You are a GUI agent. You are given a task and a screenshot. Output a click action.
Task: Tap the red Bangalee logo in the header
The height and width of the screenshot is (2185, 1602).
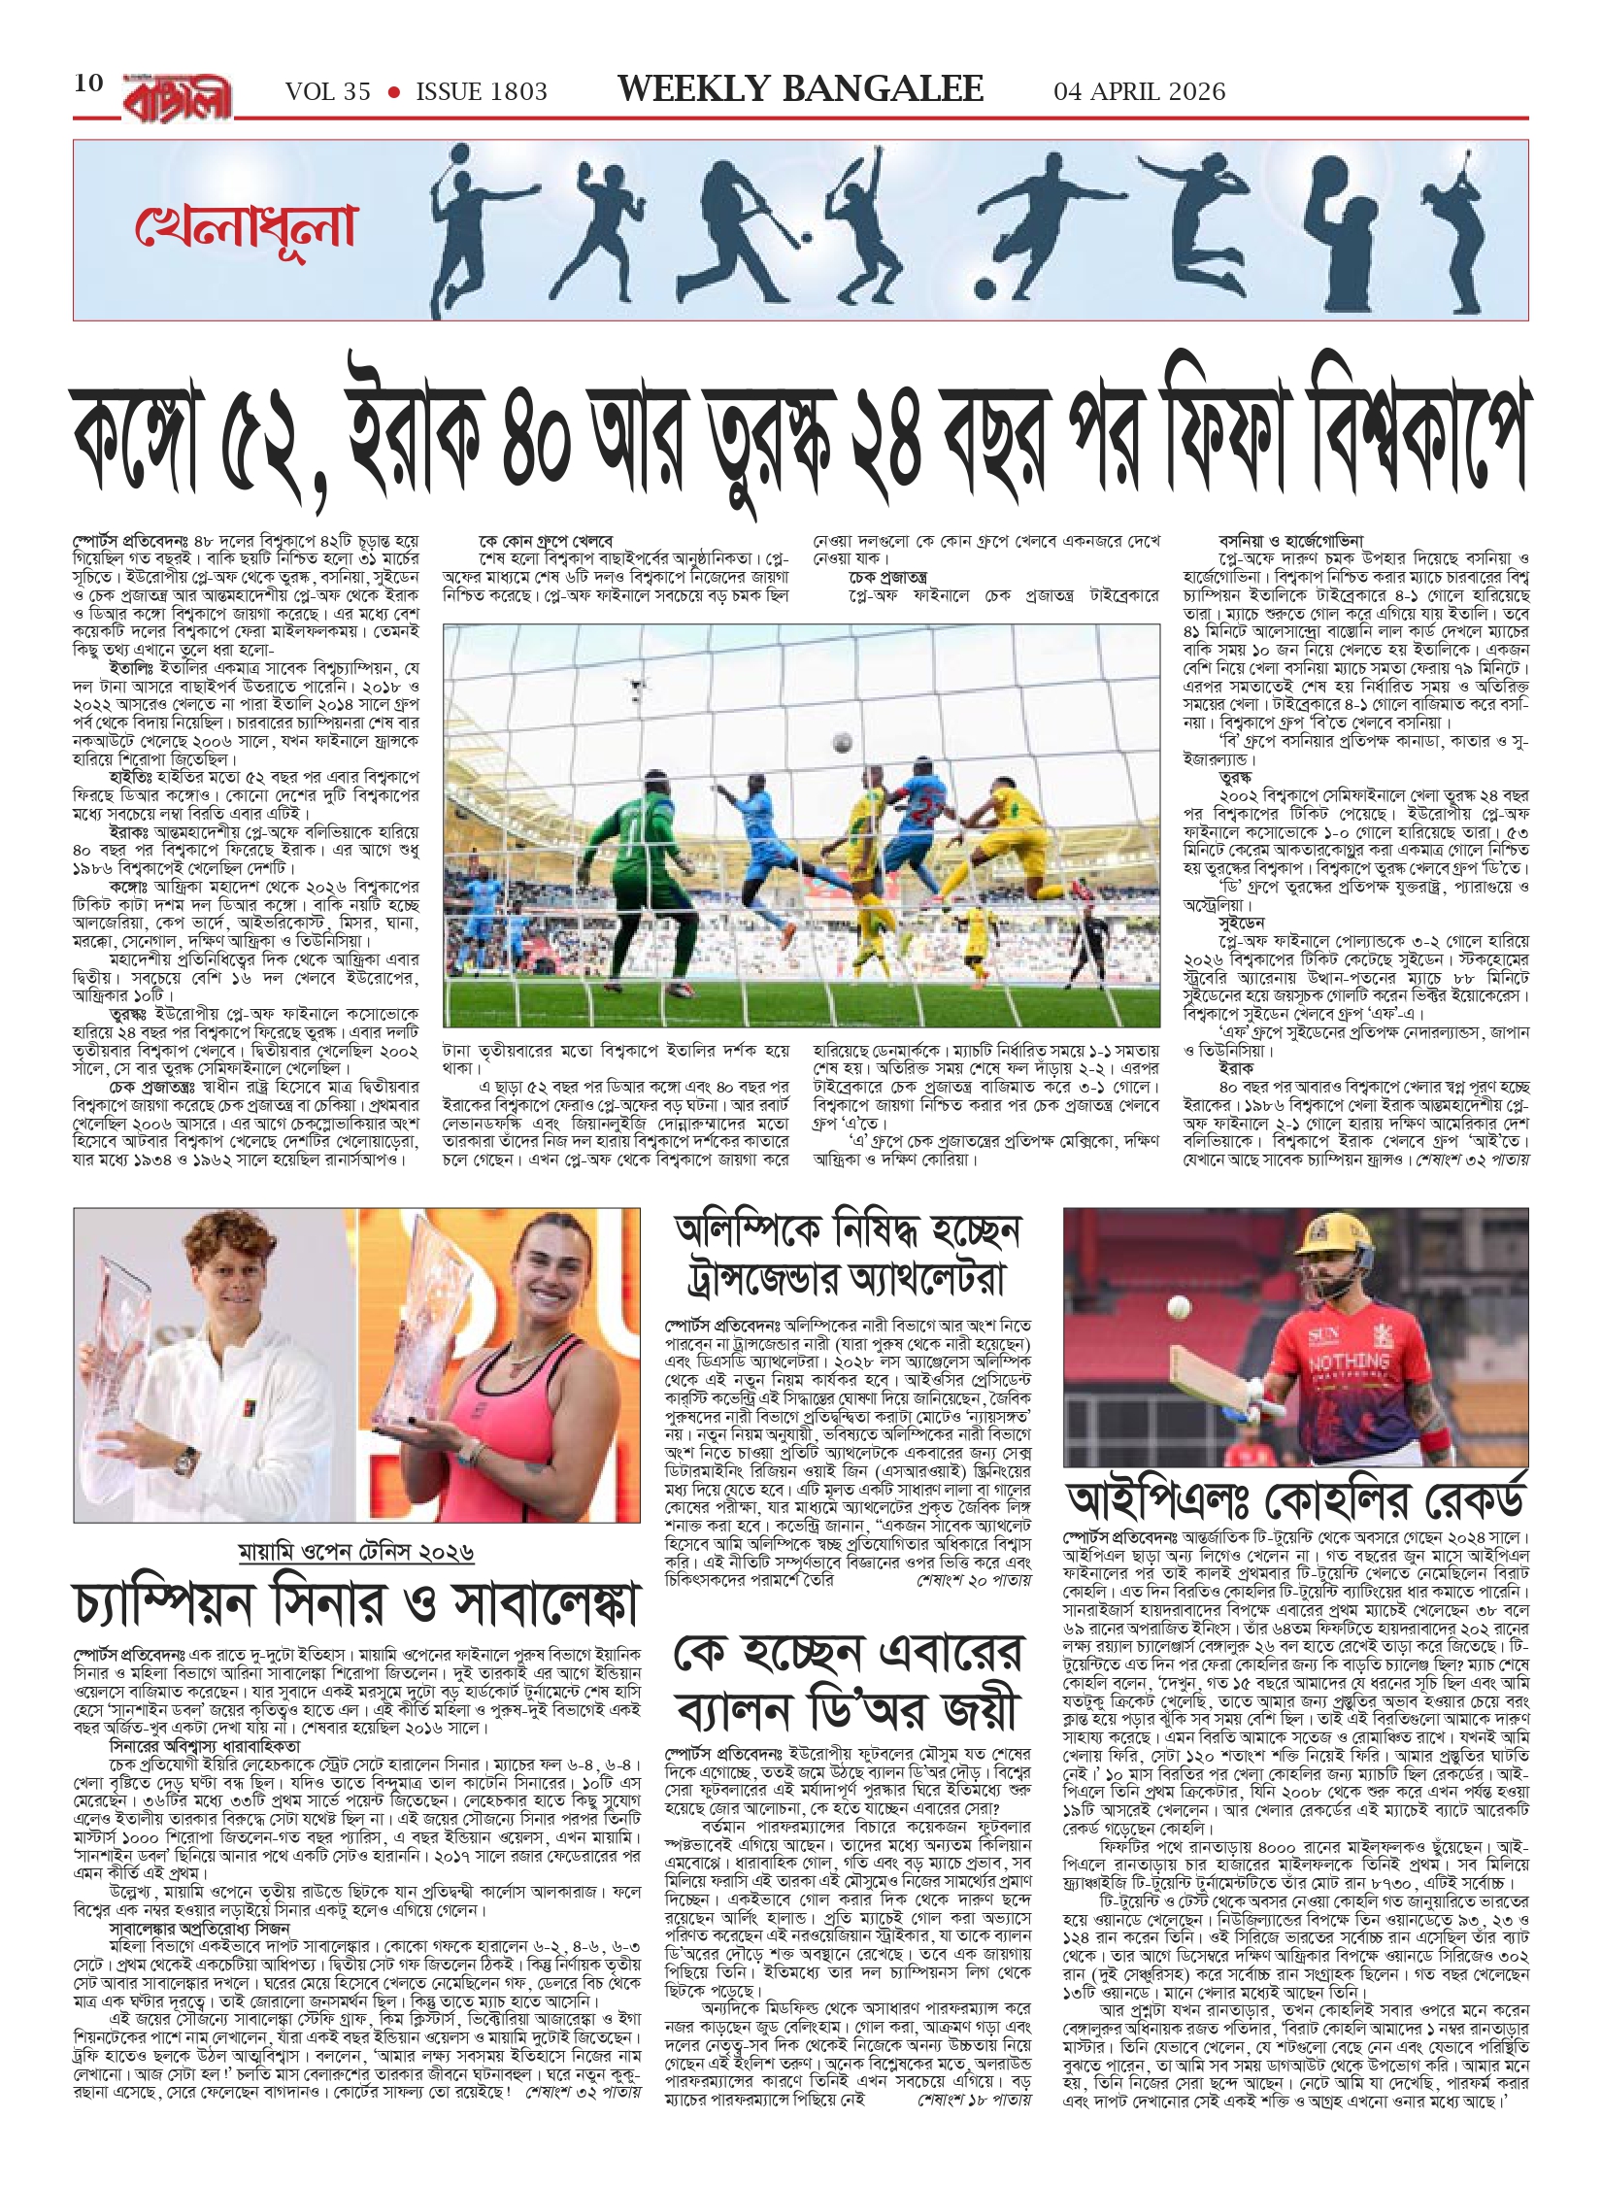pyautogui.click(x=177, y=95)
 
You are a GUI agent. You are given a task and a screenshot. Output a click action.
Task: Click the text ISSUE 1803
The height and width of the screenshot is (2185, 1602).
pyautogui.click(x=482, y=92)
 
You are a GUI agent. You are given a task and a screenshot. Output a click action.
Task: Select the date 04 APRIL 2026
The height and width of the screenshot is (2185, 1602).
pyautogui.click(x=1139, y=92)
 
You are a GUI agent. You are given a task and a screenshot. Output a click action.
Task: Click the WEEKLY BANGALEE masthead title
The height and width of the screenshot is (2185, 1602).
pyautogui.click(x=800, y=89)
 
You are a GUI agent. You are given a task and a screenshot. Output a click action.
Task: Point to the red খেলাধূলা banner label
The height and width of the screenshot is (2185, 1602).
pyautogui.click(x=246, y=225)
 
